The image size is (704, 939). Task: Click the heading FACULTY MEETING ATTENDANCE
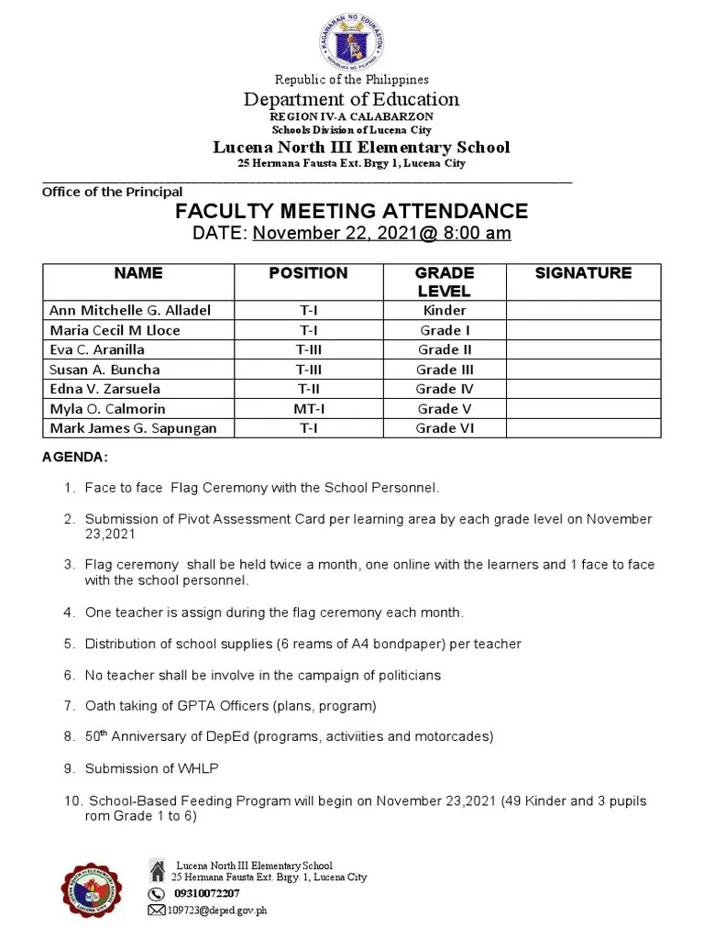click(x=352, y=211)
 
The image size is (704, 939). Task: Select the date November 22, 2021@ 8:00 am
click(x=381, y=233)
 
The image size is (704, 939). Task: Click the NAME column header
click(x=138, y=273)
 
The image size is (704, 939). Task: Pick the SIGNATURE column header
click(x=583, y=273)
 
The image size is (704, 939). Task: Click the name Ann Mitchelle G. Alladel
click(x=130, y=310)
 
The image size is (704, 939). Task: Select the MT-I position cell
click(x=308, y=409)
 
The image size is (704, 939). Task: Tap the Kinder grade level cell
click(x=445, y=310)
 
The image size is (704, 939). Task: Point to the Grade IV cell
click(x=445, y=389)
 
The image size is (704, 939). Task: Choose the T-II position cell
click(x=308, y=389)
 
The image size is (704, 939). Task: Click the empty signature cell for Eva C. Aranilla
click(x=583, y=349)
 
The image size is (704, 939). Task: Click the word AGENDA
click(x=75, y=457)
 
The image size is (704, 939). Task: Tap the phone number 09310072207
click(x=206, y=893)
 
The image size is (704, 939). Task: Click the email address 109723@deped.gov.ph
click(x=216, y=910)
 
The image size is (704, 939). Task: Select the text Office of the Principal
click(x=112, y=192)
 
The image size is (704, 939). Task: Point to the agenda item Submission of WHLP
click(x=152, y=768)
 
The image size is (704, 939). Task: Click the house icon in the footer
click(x=158, y=867)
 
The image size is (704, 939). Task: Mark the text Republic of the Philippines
click(x=352, y=80)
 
